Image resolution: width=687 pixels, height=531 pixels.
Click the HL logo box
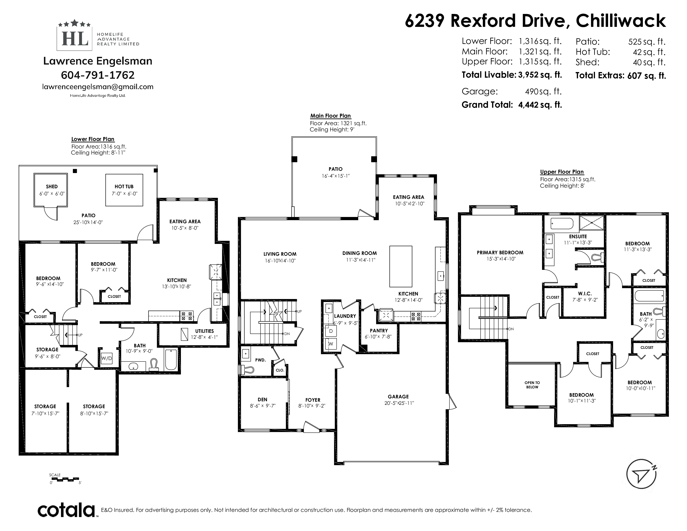click(75, 38)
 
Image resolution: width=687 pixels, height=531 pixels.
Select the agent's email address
click(98, 87)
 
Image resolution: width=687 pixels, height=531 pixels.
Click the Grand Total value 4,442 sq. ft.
click(540, 105)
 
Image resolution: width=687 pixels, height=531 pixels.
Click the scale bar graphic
click(65, 479)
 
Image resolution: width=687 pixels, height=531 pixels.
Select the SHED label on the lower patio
click(52, 187)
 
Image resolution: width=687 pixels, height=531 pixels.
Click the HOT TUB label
click(124, 187)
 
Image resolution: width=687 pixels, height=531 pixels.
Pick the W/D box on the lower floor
click(106, 358)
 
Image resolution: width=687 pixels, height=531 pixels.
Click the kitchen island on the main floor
click(401, 267)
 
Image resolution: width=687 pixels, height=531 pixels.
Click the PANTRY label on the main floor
click(379, 331)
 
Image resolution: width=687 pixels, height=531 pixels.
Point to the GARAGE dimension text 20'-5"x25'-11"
click(399, 403)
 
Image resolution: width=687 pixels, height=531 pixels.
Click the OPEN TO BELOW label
click(532, 385)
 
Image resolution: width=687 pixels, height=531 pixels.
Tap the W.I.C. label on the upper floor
click(585, 293)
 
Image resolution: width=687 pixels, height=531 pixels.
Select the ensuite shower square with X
click(592, 223)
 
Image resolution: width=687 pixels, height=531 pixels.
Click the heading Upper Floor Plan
click(562, 172)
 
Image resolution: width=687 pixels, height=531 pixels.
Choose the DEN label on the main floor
click(262, 400)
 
